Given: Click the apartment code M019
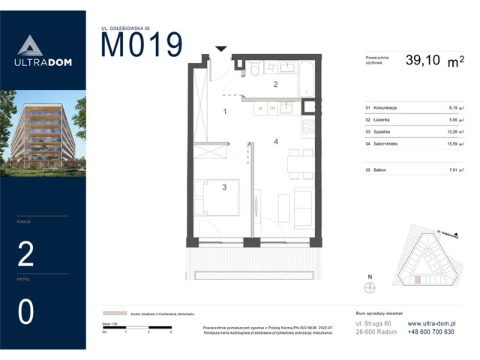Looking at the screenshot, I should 141,46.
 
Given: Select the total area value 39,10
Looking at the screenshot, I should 425,61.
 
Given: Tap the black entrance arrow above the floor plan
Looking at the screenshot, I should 220,49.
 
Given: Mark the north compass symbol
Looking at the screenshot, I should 368,285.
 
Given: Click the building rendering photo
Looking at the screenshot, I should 43,131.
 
